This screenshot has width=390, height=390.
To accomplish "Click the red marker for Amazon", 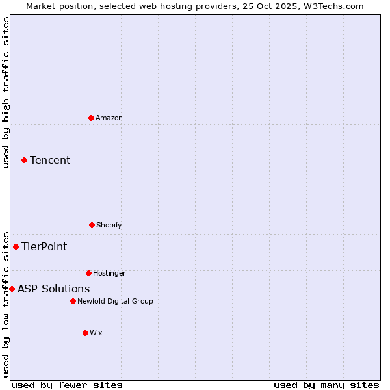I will tap(91, 118).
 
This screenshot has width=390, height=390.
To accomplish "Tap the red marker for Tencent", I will tap(24, 160).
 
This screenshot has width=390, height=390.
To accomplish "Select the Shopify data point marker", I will tap(92, 225).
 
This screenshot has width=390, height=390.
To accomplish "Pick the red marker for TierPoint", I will tap(16, 246).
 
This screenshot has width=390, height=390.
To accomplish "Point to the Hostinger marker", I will tap(88, 273).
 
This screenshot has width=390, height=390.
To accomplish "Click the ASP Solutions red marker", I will tap(12, 289).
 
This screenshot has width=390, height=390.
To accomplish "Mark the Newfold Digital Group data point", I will tap(73, 301).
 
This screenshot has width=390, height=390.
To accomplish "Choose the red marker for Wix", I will tap(85, 333).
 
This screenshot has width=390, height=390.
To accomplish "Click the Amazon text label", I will tap(109, 118).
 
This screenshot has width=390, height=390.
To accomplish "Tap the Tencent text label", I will tap(50, 160).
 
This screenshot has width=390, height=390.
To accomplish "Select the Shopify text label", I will tap(109, 225).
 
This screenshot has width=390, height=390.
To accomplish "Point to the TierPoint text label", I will tap(44, 246).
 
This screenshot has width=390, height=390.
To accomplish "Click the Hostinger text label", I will tap(109, 273).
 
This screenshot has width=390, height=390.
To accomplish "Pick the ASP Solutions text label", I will tap(54, 289).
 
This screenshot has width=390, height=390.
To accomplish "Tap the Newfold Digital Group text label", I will tap(115, 301).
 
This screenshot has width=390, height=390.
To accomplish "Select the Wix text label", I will tap(96, 333).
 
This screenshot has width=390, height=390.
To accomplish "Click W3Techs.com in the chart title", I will tap(331, 6).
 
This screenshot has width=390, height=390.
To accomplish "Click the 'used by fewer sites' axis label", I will tap(67, 385).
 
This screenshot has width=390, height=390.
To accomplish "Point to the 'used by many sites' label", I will tap(326, 385).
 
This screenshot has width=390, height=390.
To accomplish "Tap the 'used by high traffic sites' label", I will tap(6, 92).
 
